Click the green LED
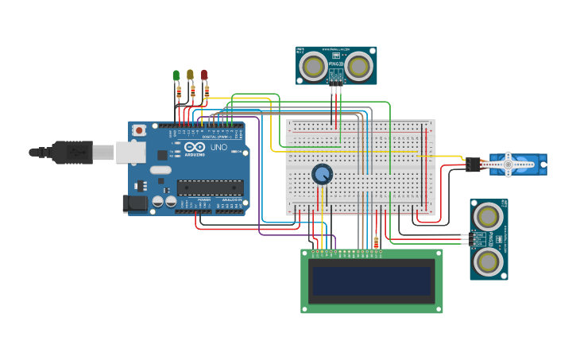(x=176, y=75)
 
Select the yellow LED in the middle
(x=190, y=75)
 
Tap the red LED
(x=204, y=75)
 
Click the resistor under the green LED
(x=179, y=93)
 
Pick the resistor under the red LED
(x=207, y=92)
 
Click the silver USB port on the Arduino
(x=130, y=152)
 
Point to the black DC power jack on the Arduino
(x=136, y=203)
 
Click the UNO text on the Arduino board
(x=218, y=148)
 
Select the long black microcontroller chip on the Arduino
(x=209, y=188)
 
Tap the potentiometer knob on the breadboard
(x=322, y=174)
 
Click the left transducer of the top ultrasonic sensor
(x=314, y=67)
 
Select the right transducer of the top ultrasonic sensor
(x=359, y=67)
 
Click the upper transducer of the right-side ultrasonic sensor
(x=488, y=215)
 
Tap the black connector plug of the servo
(x=474, y=165)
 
